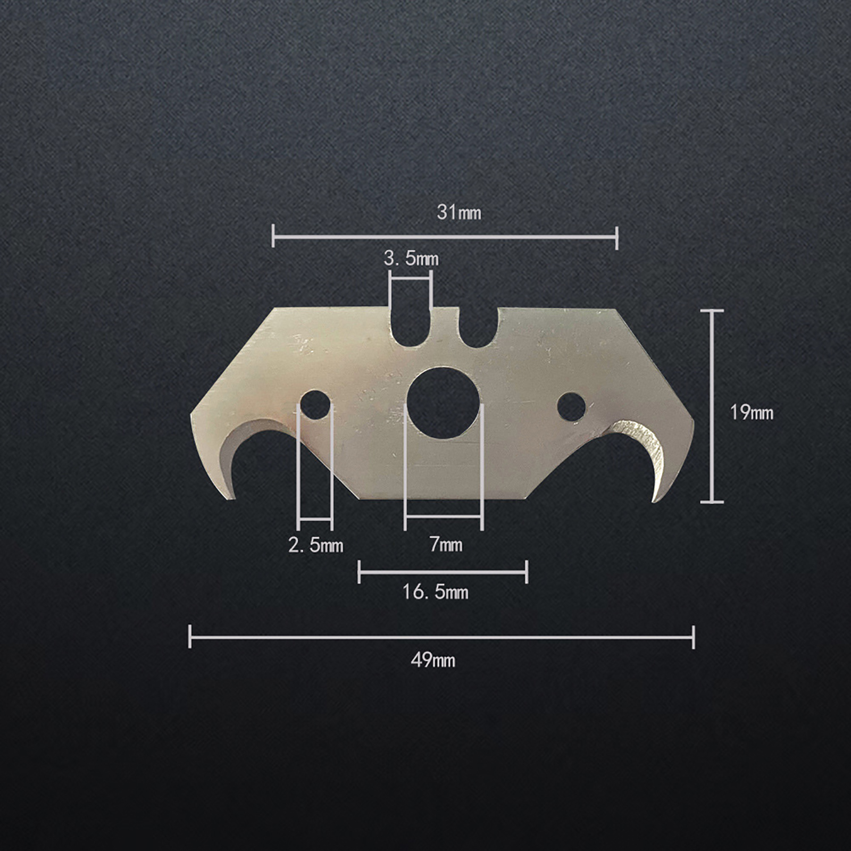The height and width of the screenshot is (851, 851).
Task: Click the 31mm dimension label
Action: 459,213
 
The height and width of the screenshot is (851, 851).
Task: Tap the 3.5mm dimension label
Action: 411,259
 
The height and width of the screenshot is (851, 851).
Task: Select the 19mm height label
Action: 752,412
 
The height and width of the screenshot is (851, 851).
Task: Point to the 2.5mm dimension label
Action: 315,545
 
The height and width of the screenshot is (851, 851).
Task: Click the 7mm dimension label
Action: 446,545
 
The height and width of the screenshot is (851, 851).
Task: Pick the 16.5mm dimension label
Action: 435,592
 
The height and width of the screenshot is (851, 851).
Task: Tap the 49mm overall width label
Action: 433,661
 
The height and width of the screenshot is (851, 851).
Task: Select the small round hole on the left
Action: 315,404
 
